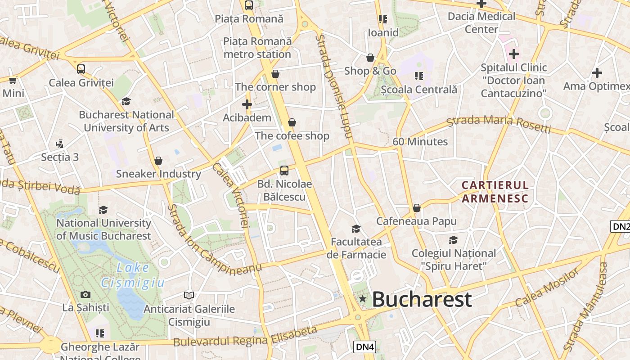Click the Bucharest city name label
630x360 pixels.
[422, 299]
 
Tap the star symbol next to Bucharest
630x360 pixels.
[362, 299]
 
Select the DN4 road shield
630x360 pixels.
[364, 346]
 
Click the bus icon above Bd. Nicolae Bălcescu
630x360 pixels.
[284, 170]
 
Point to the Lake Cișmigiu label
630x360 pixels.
[133, 275]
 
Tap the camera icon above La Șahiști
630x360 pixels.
[85, 295]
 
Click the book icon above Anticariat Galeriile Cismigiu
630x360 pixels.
[189, 295]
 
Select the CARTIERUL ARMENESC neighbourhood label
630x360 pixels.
[495, 192]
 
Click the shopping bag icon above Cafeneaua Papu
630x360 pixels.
[417, 208]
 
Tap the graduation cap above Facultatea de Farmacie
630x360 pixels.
[356, 229]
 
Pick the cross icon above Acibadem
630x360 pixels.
[247, 105]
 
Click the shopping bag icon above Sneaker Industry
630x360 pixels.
[158, 161]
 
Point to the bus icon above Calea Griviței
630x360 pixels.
[81, 69]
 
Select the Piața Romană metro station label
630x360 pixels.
[257, 48]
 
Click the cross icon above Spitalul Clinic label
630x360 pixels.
[513, 54]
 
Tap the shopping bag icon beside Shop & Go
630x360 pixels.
[370, 58]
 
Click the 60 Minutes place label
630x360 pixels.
[420, 142]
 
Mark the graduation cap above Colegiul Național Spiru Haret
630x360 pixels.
[453, 240]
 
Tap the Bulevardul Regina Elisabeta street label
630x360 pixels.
[245, 337]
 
